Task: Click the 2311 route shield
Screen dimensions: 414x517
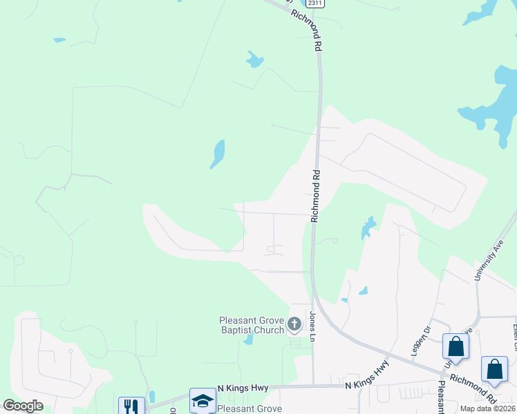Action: [315, 3]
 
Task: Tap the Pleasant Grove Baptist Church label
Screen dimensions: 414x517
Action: [252, 324]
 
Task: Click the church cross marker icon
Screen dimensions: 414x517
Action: [294, 324]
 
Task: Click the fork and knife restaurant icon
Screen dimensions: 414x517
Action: [131, 406]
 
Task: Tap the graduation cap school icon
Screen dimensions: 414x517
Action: [203, 400]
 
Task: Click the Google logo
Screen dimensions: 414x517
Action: [23, 406]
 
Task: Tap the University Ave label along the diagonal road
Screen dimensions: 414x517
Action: [487, 259]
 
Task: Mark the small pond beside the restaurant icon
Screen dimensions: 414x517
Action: [151, 396]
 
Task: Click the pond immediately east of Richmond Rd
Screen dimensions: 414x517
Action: [367, 228]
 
